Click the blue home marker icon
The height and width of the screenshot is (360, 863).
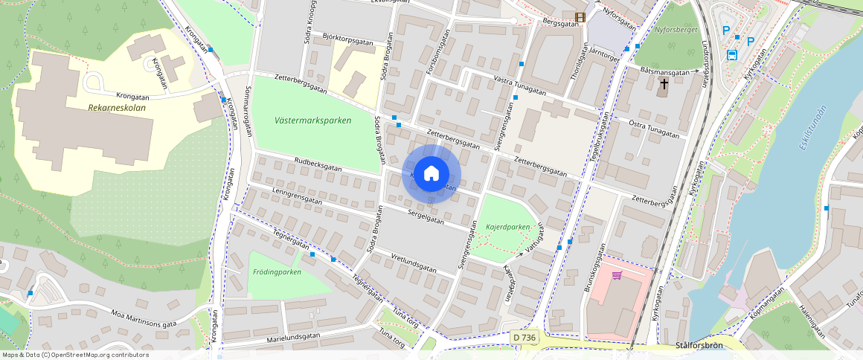[x=431, y=174]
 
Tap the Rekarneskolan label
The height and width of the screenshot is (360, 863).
[x=117, y=108]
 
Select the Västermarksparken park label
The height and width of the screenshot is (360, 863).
[x=312, y=120]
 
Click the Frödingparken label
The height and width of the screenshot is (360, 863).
[x=277, y=272]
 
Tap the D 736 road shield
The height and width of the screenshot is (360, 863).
[x=524, y=338]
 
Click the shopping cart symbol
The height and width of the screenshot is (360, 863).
[x=617, y=276]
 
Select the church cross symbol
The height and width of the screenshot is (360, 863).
[x=663, y=85]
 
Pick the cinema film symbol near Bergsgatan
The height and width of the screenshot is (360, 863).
[x=580, y=17]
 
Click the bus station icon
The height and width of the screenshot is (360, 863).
[x=731, y=54]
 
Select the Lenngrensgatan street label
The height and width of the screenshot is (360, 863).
[x=298, y=196]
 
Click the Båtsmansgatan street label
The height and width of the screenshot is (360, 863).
[x=664, y=71]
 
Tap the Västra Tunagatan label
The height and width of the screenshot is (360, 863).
[x=519, y=86]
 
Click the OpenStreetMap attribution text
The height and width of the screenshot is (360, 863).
[x=75, y=355]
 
